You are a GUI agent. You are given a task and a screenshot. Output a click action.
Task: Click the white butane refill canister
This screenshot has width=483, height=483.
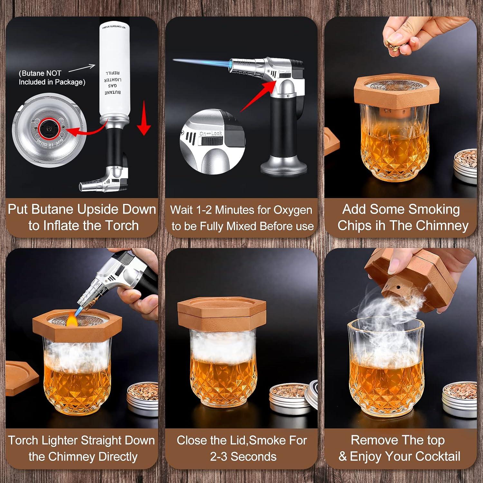click(x=114, y=71)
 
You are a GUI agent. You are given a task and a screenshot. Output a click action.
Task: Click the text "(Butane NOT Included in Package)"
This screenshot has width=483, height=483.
click(x=52, y=78)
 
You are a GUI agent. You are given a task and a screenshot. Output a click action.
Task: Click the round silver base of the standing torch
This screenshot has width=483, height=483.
click(x=283, y=167)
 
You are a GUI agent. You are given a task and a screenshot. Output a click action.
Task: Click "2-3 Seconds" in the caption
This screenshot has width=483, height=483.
click(x=243, y=456)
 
